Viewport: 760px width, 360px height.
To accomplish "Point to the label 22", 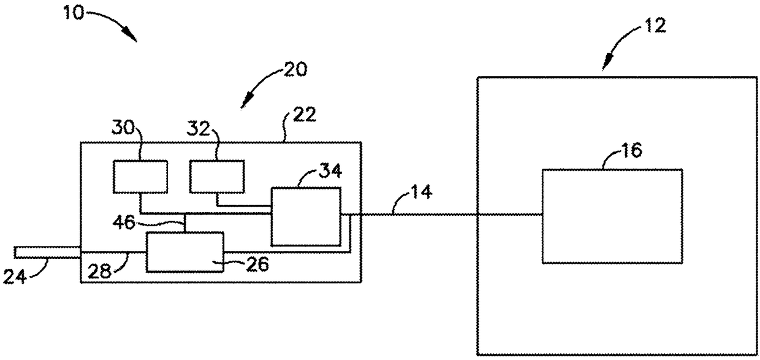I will pyautogui.click(x=305, y=115).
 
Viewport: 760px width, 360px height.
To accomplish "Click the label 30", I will pyautogui.click(x=124, y=129).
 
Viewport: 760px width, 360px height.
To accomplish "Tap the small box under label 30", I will pyautogui.click(x=140, y=177).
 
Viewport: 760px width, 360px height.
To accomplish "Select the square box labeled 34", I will pyautogui.click(x=305, y=216).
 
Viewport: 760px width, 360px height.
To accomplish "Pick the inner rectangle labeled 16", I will pyautogui.click(x=612, y=216).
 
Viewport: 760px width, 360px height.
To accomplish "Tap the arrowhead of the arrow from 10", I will pyautogui.click(x=132, y=37).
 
